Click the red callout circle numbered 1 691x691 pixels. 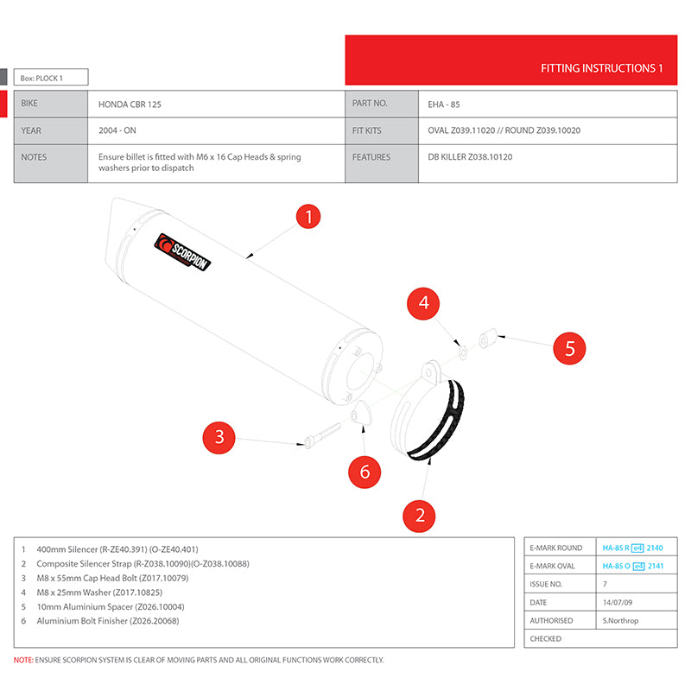coord(309,217)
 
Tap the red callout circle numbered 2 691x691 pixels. coord(420,515)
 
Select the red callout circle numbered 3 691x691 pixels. coord(219,437)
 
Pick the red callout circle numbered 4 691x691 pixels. coord(423,303)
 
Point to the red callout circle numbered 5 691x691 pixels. coord(569,349)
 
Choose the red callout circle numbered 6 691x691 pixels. coord(365,472)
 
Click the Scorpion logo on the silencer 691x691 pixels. coord(182,254)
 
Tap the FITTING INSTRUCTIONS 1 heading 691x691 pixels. coord(601,67)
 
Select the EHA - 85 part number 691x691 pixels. coord(444,104)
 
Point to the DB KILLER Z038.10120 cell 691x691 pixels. coord(470,157)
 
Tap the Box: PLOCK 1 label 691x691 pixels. coord(42,79)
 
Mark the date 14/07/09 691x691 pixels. coord(618,602)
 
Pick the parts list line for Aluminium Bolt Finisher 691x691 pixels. coord(107,620)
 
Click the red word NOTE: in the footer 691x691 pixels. coord(23,660)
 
